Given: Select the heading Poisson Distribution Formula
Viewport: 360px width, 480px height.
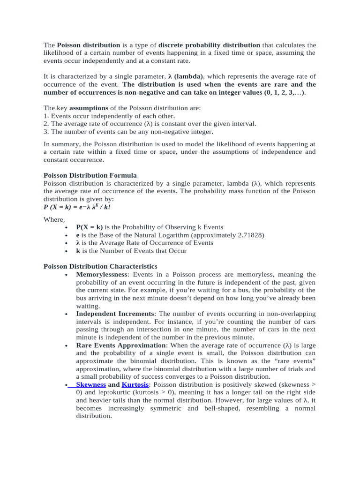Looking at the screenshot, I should (90, 175).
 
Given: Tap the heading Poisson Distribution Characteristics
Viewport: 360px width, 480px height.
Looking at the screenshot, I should (100, 266).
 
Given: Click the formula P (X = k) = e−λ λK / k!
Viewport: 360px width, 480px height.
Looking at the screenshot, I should (77, 207).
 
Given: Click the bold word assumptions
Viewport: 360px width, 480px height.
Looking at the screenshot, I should (89, 108).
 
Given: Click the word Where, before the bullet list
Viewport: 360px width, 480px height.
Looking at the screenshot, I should (54, 219).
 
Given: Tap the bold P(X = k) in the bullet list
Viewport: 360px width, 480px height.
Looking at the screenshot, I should (90, 227).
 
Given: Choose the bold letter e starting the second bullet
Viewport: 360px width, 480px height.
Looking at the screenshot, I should (78, 235).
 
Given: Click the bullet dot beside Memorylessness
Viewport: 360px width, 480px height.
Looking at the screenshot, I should (68, 275).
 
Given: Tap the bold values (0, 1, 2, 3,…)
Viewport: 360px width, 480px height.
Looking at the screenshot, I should (277, 92).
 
